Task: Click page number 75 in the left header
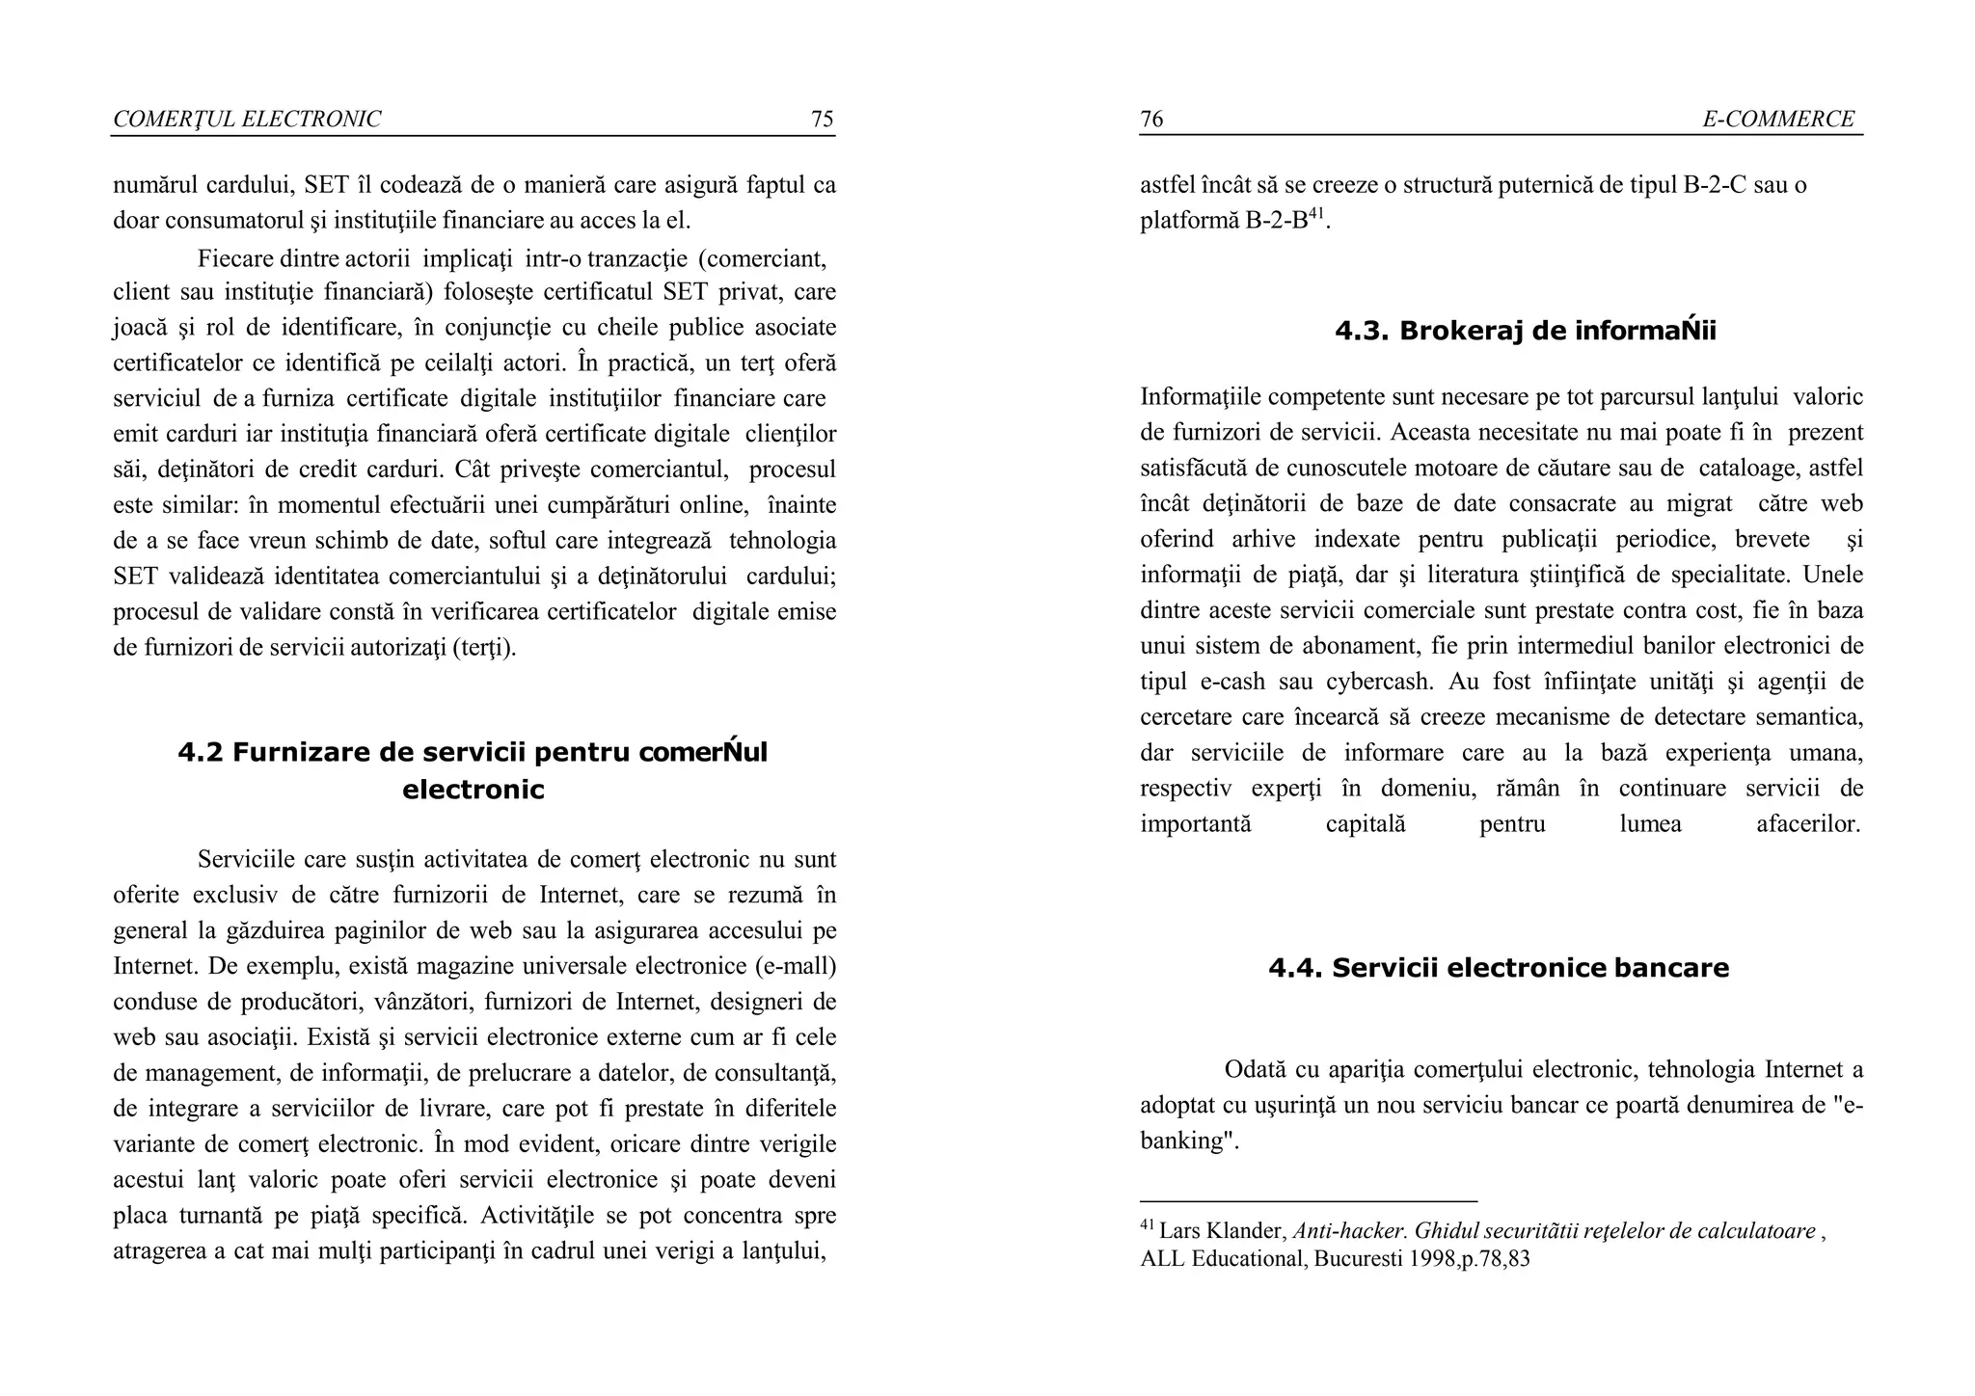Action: click(x=822, y=119)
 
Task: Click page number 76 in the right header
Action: click(x=1151, y=119)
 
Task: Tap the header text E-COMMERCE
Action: click(x=1777, y=119)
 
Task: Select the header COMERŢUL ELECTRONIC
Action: click(x=247, y=119)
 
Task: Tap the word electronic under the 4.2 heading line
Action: click(x=473, y=791)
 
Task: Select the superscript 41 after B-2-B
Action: click(x=1316, y=212)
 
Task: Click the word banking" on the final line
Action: click(x=1189, y=1141)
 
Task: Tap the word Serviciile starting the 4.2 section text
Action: click(x=246, y=860)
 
